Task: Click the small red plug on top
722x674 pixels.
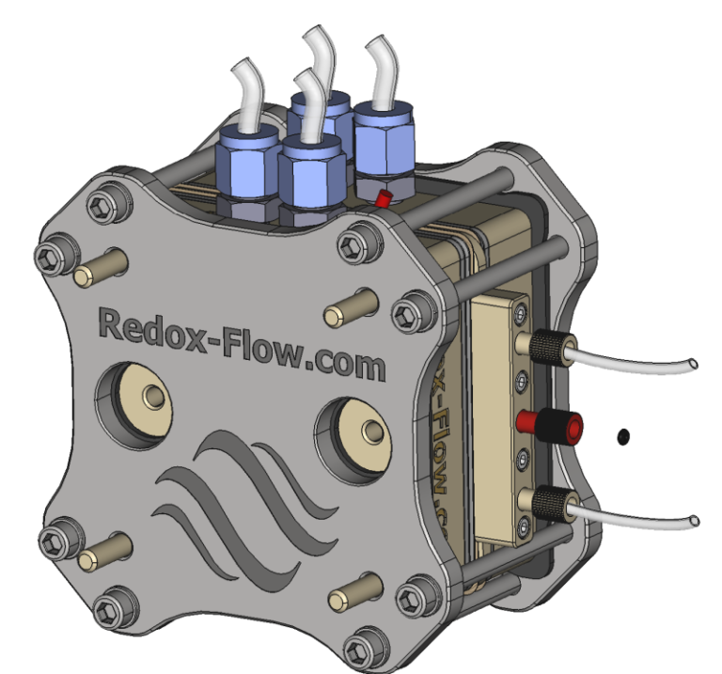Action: [x=383, y=198]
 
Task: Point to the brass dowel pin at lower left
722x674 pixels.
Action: [x=102, y=553]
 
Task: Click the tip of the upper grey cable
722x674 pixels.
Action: [x=693, y=363]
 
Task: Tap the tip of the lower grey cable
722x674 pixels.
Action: [x=693, y=520]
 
